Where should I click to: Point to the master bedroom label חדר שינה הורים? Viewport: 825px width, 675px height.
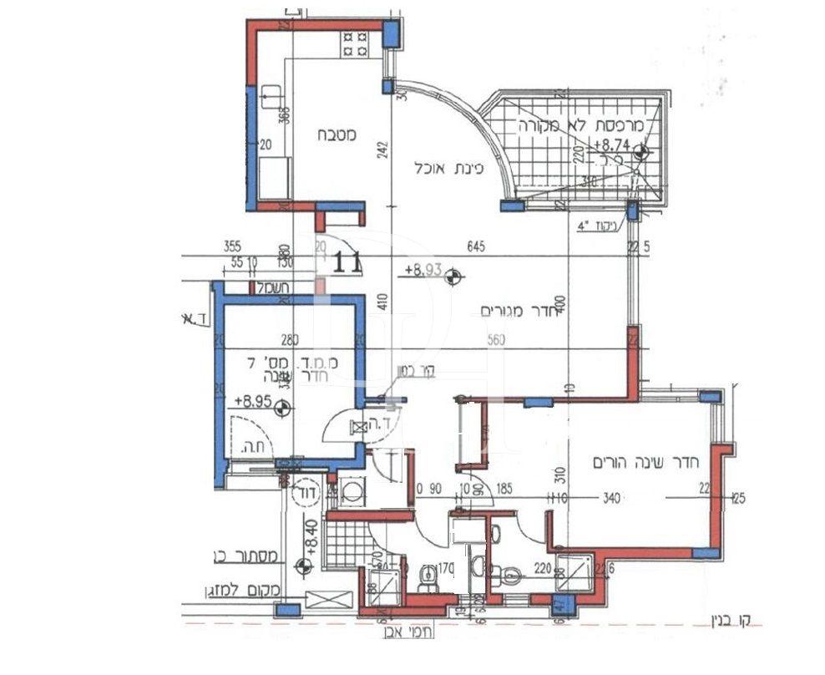point(644,462)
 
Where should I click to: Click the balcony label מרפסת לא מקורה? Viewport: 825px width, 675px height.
point(579,126)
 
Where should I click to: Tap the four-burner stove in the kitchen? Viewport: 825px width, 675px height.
point(355,43)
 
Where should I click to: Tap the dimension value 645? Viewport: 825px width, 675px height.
point(475,246)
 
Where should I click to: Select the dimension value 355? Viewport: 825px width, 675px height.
point(234,246)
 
